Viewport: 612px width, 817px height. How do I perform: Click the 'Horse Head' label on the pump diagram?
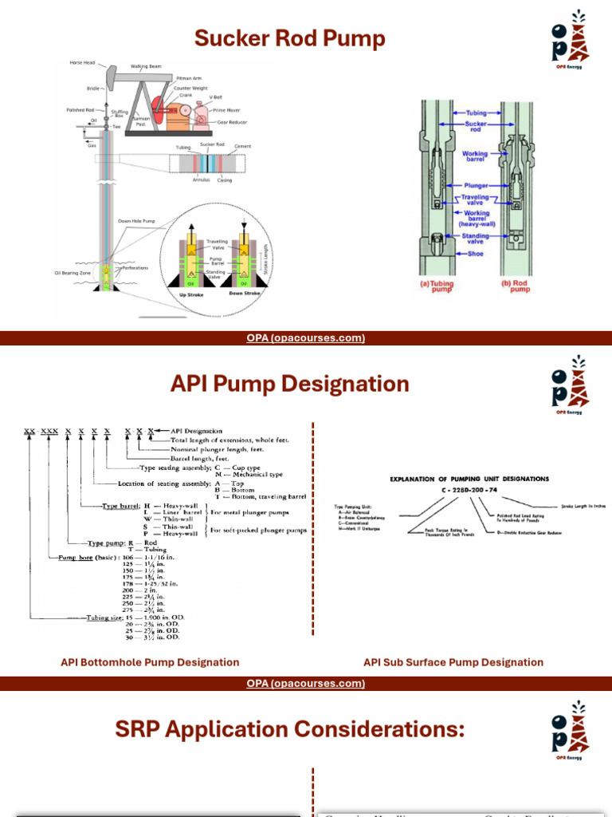pos(83,62)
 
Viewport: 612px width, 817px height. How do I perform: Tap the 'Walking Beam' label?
pos(147,66)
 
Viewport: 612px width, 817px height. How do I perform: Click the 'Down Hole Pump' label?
pos(136,220)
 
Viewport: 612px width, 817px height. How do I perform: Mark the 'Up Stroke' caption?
pos(192,306)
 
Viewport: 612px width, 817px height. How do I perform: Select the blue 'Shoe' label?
pos(477,254)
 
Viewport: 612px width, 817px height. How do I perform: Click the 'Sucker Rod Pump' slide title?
pos(290,38)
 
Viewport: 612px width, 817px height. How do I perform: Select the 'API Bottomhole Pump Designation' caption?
pos(150,662)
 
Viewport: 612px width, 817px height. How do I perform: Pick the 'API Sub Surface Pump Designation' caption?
pos(453,662)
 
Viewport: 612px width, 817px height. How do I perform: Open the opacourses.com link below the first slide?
pos(306,338)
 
